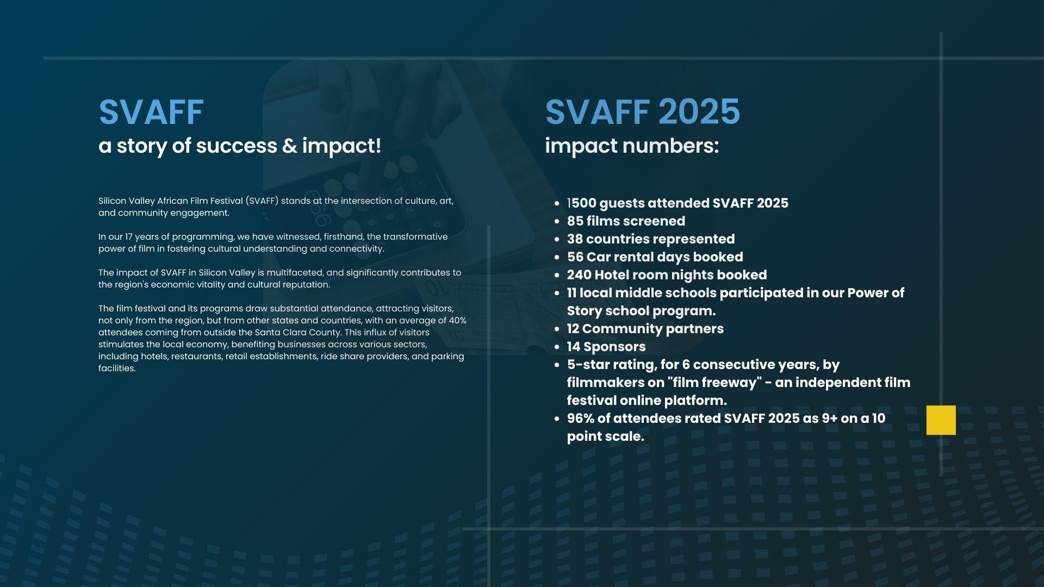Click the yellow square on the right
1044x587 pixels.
click(941, 420)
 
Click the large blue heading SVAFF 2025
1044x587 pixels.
click(642, 112)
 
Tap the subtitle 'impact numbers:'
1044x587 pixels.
click(632, 146)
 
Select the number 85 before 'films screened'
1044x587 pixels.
click(575, 221)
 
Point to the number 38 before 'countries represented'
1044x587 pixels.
click(575, 239)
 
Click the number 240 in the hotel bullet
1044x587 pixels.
click(579, 275)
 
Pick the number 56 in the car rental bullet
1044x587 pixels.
click(575, 257)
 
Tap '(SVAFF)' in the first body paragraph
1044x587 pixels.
click(262, 201)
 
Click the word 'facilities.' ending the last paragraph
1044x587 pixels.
click(117, 369)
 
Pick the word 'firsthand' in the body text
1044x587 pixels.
click(344, 237)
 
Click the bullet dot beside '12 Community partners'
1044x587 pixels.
click(556, 329)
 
